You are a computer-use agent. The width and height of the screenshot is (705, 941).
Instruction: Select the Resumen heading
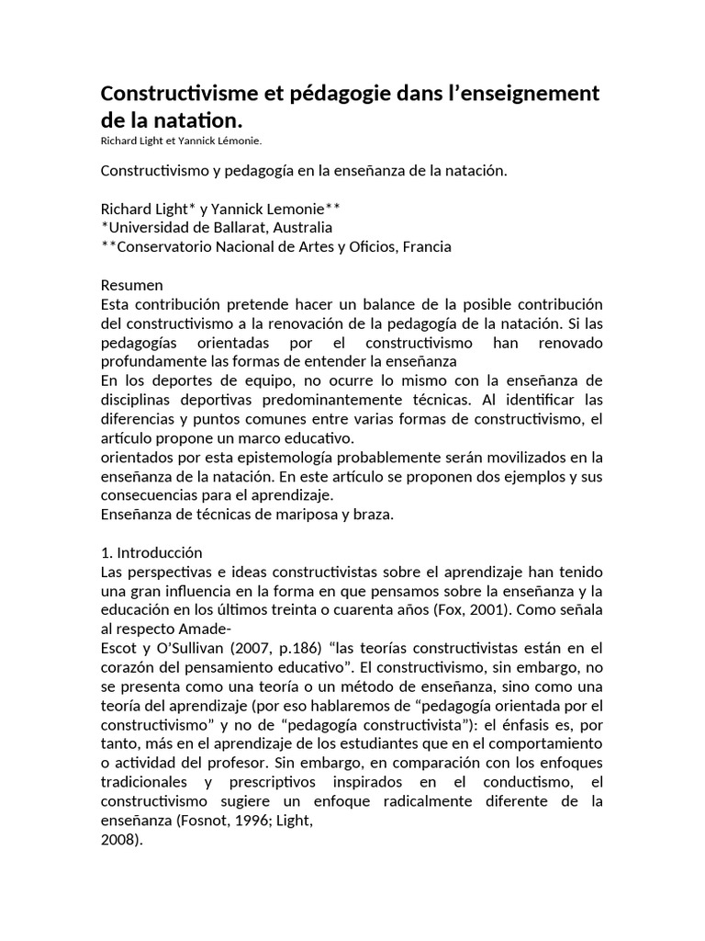132,285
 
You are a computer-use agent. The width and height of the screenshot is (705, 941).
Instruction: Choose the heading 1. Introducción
151,552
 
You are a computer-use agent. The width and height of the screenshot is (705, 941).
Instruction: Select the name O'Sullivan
185,648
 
